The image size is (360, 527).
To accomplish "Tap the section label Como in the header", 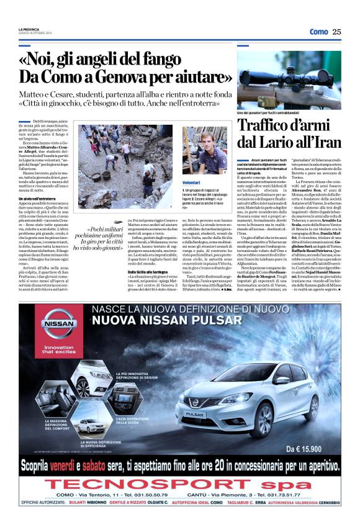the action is pos(318,32).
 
